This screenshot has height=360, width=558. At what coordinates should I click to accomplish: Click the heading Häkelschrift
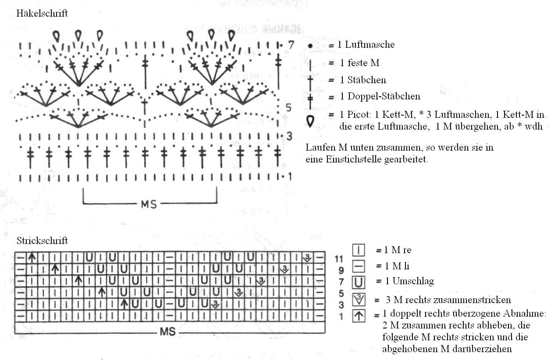click(x=42, y=13)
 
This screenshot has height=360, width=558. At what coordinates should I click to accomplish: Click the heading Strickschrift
click(x=42, y=240)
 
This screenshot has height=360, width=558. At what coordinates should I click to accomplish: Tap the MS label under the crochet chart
click(x=149, y=205)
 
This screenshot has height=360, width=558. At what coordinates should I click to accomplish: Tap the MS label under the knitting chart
click(x=167, y=332)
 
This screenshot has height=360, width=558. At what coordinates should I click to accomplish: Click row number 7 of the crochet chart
click(x=291, y=45)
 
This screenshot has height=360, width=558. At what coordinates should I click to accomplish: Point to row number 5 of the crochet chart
click(x=288, y=108)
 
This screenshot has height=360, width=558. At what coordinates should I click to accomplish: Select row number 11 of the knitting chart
click(x=339, y=259)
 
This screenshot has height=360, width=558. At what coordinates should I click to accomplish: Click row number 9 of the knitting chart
click(x=341, y=270)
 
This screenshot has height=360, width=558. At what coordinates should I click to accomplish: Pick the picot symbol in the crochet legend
click(x=310, y=121)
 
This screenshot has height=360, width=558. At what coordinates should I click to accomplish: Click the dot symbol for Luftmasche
click(x=310, y=46)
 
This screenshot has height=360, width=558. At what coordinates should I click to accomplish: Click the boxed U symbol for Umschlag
click(x=359, y=282)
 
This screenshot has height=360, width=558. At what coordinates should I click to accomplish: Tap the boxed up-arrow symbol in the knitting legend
click(x=359, y=316)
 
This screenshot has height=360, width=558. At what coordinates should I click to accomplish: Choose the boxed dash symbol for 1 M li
click(x=359, y=266)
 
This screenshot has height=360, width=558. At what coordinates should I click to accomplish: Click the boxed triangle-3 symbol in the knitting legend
click(x=359, y=299)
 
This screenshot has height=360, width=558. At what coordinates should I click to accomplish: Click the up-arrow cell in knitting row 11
click(x=32, y=258)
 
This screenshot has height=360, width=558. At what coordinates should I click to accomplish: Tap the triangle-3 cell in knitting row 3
click(x=215, y=304)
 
